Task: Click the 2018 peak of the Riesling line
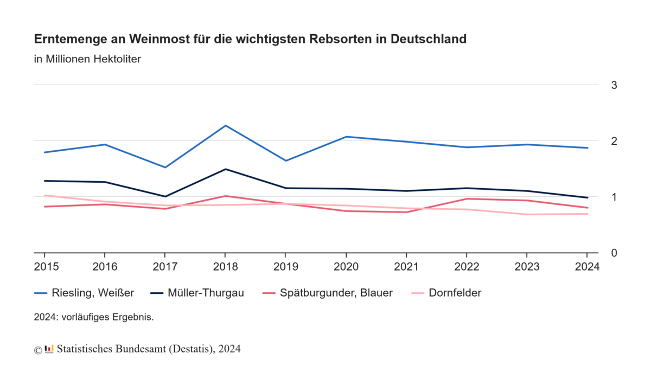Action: pyautogui.click(x=225, y=126)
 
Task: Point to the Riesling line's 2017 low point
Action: pyautogui.click(x=165, y=167)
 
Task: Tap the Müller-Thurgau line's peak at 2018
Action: pyautogui.click(x=225, y=169)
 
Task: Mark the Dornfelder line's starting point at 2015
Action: pyautogui.click(x=44, y=195)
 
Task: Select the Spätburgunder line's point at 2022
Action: pyautogui.click(x=467, y=198)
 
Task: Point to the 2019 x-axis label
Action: pyautogui.click(x=285, y=267)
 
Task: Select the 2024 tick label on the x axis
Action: pyautogui.click(x=587, y=267)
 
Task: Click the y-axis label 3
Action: pyautogui.click(x=614, y=85)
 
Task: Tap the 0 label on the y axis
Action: pyautogui.click(x=614, y=253)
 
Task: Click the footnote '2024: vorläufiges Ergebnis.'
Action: pyautogui.click(x=94, y=317)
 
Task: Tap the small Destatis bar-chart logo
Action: pyautogui.click(x=49, y=349)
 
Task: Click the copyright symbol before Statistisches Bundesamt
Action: pyautogui.click(x=38, y=350)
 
